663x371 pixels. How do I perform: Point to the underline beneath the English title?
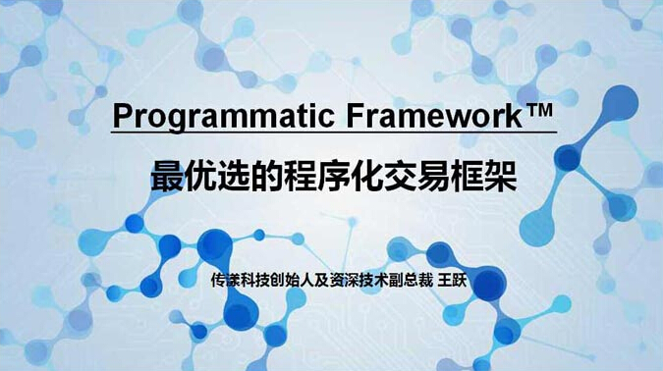(x=334, y=132)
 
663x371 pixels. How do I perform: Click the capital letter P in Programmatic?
(x=122, y=115)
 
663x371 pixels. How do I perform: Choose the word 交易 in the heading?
(x=433, y=178)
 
